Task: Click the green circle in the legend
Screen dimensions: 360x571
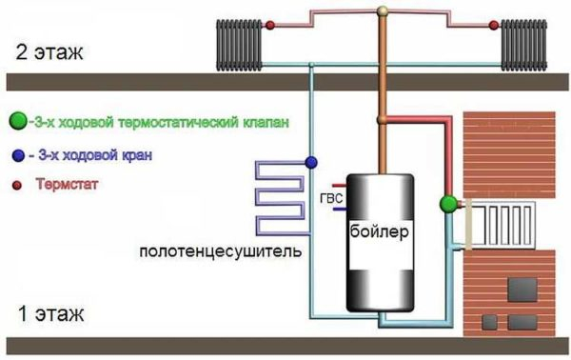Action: coord(17,122)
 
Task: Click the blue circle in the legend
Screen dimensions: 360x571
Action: coord(18,153)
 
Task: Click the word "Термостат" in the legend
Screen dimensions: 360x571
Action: coord(67,181)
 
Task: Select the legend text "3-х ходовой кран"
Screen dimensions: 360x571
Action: coord(91,153)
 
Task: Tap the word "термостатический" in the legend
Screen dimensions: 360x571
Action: coord(171,122)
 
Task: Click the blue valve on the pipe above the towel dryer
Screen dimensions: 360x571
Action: coord(310,162)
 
